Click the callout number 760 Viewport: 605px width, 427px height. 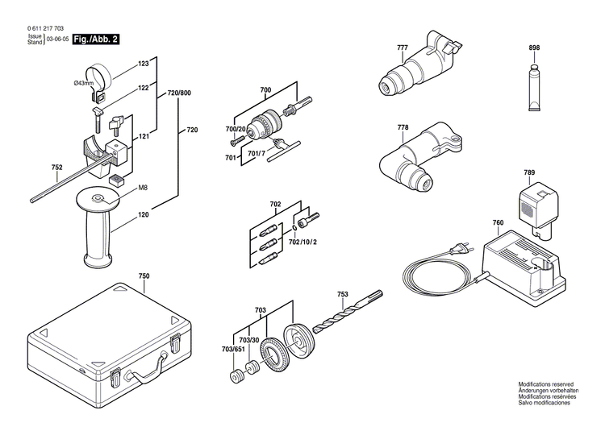(x=498, y=223)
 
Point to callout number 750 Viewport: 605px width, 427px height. (x=144, y=276)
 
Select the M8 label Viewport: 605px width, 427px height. (x=142, y=188)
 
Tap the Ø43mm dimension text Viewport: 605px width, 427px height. (x=85, y=83)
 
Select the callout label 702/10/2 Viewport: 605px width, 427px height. (x=303, y=242)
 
